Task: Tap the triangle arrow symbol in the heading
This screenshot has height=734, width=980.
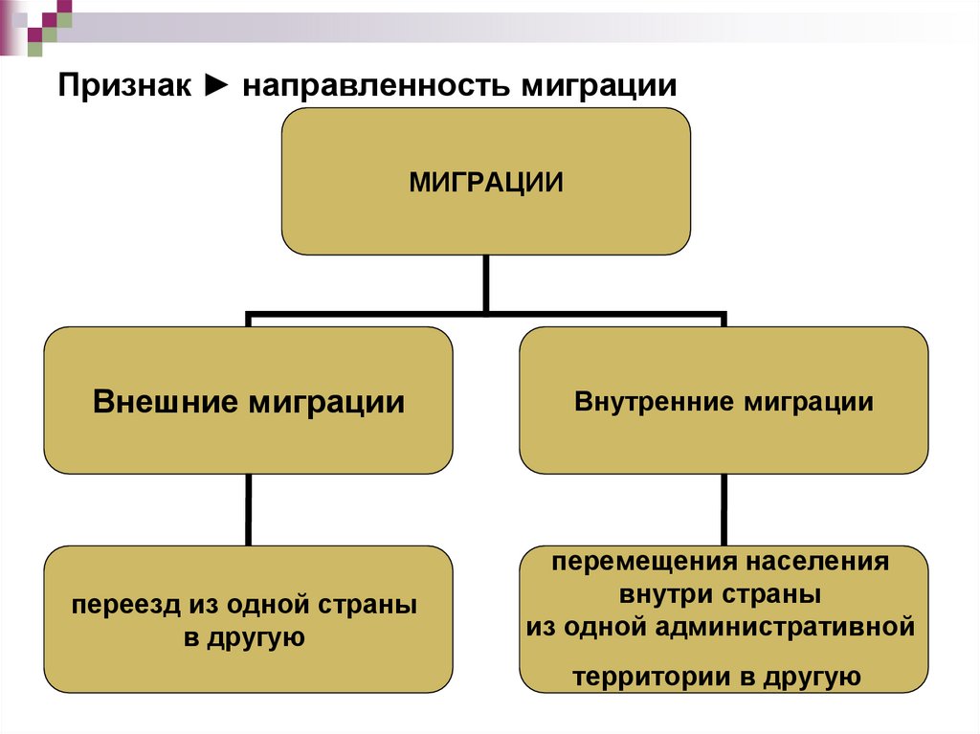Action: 216,86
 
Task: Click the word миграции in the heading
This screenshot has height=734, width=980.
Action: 599,86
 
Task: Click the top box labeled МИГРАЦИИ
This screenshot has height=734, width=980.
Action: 485,181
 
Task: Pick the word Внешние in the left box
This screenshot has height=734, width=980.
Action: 166,402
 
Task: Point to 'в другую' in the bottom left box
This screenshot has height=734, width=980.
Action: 244,637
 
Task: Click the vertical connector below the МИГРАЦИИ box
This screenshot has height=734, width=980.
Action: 485,282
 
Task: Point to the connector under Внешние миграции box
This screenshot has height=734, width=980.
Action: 248,510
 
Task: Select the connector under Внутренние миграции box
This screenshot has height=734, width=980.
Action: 724,510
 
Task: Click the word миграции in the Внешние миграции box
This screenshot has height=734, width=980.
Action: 326,402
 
